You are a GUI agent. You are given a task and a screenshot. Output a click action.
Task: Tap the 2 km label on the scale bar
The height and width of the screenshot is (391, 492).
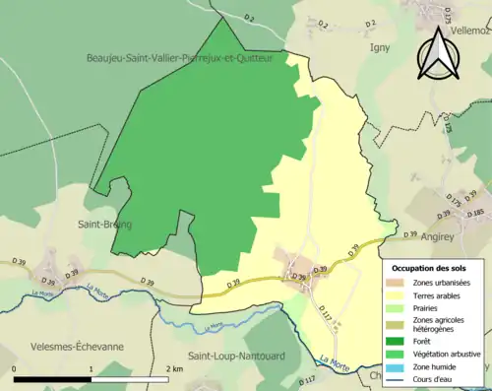pos(173,367)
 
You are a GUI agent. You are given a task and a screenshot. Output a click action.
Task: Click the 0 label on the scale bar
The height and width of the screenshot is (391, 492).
pos(15,367)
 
